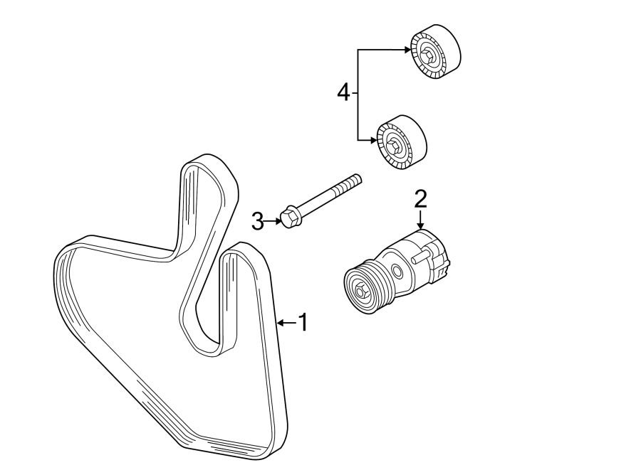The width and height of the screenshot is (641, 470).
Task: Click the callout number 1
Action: (x=303, y=323)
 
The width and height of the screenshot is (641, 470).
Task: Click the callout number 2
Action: (x=420, y=198)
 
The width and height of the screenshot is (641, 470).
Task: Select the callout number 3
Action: (x=258, y=222)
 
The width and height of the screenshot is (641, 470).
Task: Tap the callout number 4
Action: (x=344, y=92)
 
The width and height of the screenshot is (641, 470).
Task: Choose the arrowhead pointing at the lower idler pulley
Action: (x=375, y=141)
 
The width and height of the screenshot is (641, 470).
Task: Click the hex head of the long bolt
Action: (x=289, y=217)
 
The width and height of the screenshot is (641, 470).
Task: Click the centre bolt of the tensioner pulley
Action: (x=361, y=290)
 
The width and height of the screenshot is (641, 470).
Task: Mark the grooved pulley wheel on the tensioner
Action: (x=368, y=288)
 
